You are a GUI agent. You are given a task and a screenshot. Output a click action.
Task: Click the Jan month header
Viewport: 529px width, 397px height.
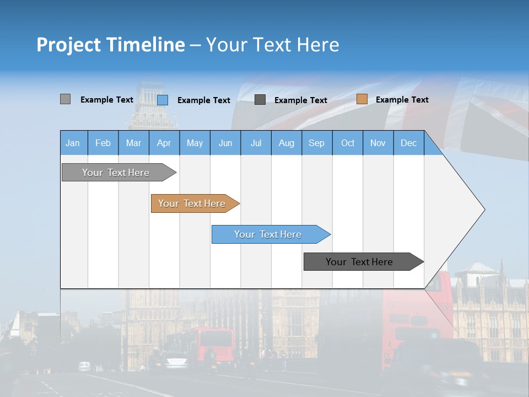[73, 143]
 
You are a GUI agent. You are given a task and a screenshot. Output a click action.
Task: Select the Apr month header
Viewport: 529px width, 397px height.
[164, 143]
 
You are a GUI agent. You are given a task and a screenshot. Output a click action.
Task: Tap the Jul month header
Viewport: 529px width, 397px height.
[256, 143]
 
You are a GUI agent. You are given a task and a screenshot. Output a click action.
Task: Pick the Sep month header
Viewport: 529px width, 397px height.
[316, 143]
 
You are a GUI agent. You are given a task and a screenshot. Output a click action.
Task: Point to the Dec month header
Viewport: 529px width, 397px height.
[408, 143]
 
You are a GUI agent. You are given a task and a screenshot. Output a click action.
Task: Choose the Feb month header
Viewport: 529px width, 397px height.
[103, 143]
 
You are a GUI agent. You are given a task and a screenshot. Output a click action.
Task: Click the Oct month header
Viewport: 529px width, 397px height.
[348, 143]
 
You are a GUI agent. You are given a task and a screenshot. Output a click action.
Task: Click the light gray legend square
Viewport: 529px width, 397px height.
[65, 99]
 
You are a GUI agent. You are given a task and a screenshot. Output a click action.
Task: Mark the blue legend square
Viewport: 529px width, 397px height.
[163, 100]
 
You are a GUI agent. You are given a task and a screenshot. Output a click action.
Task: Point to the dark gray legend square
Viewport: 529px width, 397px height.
[260, 99]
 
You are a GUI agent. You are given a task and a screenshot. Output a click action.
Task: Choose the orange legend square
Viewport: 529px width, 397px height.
[361, 99]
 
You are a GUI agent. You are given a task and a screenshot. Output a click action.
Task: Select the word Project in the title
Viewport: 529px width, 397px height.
[68, 45]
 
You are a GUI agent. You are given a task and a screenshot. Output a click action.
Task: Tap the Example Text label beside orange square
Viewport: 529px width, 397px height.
[402, 100]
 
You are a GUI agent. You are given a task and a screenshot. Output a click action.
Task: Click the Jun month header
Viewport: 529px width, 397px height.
[225, 143]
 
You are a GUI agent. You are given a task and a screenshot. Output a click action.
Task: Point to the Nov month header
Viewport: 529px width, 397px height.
[378, 143]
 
